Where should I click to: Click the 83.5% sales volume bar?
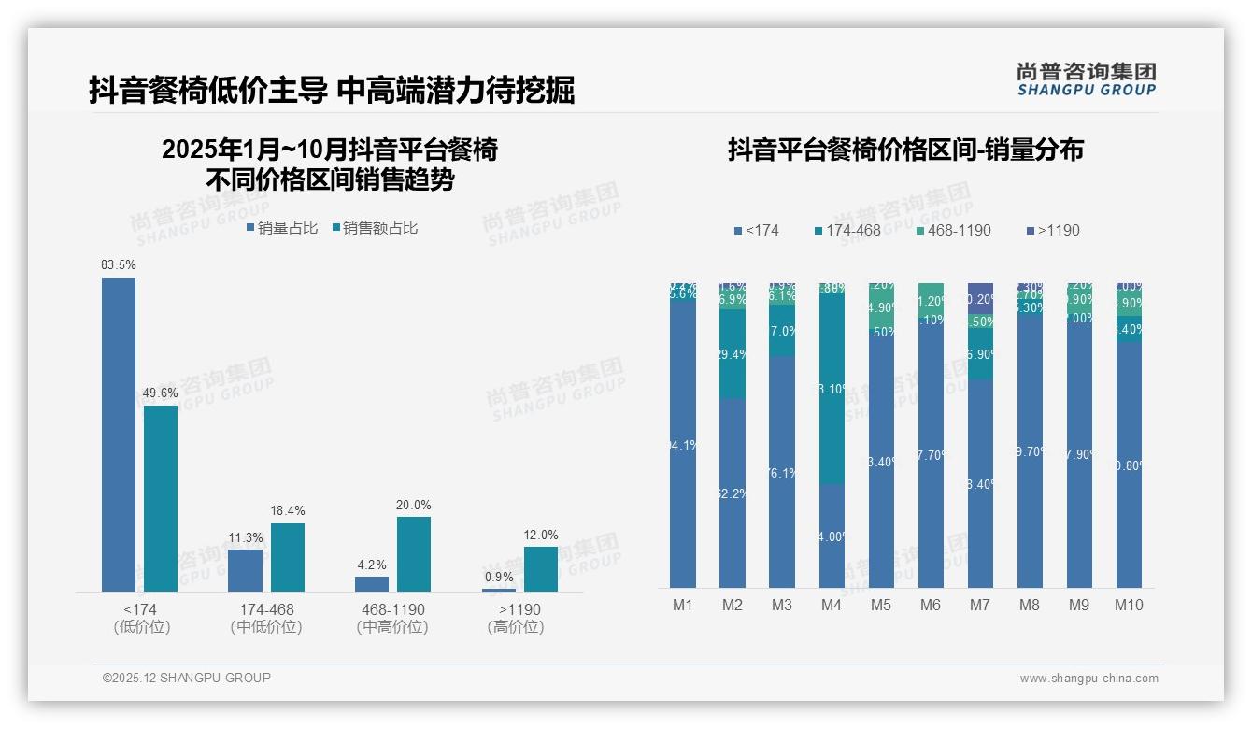click(119, 435)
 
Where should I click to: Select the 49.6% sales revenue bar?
click(161, 498)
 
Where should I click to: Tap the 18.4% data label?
click(288, 510)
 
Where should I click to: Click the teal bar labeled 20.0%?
click(414, 554)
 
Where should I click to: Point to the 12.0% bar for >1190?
click(540, 569)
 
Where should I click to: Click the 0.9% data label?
click(499, 578)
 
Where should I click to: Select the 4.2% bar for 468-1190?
click(372, 584)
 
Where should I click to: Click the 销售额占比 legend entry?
click(375, 228)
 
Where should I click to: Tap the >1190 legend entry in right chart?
click(1053, 230)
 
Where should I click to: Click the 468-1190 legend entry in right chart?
click(953, 230)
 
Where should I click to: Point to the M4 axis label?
click(832, 605)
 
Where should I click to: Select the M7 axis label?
click(979, 605)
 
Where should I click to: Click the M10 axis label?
click(1129, 605)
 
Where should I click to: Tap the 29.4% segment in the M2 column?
click(733, 354)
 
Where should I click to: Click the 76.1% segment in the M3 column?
click(782, 472)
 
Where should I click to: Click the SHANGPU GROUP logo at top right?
click(1087, 79)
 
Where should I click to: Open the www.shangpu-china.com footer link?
click(1088, 679)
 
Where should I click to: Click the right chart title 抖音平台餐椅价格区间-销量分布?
click(905, 150)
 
